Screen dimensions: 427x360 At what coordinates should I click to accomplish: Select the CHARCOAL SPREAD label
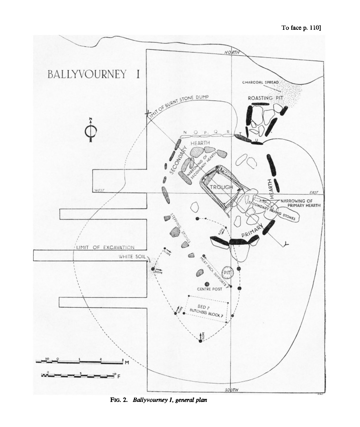point(261,82)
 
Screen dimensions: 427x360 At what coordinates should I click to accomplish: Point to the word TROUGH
point(222,187)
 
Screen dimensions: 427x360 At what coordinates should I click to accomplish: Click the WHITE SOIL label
point(135,257)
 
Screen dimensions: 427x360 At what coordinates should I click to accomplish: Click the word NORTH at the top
point(233,52)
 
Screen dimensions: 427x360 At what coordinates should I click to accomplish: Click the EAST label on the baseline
point(313,192)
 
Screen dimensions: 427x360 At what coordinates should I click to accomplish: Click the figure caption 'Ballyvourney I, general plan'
point(159,400)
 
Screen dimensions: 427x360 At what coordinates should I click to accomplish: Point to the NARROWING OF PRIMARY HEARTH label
point(300,203)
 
